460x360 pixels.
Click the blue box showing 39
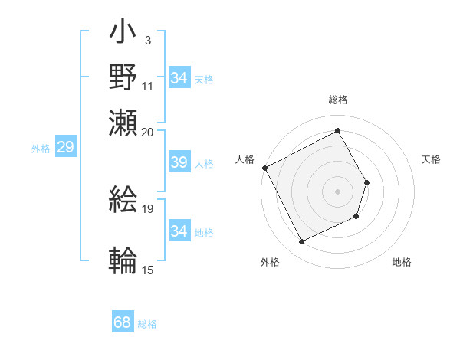[179, 163]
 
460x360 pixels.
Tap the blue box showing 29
[65, 147]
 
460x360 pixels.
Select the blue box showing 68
[123, 322]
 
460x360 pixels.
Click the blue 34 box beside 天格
[179, 78]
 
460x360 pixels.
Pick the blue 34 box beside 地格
[179, 231]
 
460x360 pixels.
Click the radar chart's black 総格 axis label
[338, 100]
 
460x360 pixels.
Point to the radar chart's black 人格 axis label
[245, 159]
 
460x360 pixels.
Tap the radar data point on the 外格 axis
[302, 242]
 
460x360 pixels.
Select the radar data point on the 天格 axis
[367, 182]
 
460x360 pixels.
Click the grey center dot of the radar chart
[338, 191]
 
